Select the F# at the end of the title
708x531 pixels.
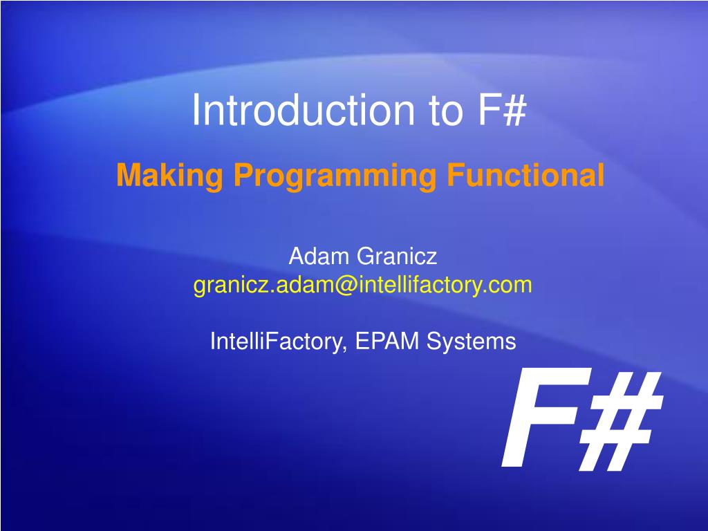(x=502, y=109)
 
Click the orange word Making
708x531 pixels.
(x=169, y=175)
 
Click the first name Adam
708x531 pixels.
(x=318, y=256)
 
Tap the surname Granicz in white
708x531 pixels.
(x=397, y=256)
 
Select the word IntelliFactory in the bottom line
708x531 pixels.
(x=277, y=341)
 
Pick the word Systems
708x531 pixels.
(x=471, y=341)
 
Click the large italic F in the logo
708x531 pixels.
(x=540, y=418)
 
